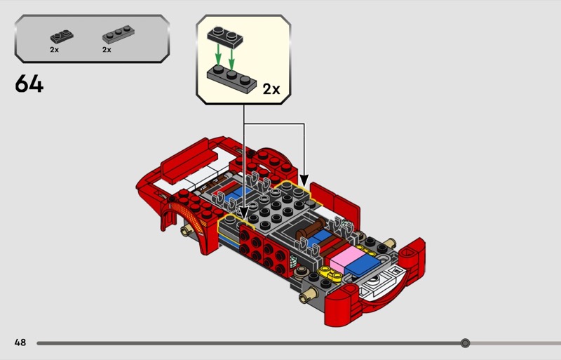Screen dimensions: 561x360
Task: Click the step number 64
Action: tap(29, 84)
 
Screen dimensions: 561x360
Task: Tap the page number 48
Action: tap(20, 342)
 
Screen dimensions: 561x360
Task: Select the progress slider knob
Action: tap(465, 343)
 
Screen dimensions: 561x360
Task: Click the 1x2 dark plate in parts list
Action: tap(62, 36)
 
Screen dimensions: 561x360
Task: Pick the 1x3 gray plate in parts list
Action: tap(119, 34)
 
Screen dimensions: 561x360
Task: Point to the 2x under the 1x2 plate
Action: tap(55, 50)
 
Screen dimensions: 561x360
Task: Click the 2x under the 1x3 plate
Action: tap(107, 50)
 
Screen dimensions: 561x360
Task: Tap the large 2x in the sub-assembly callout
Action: tap(271, 89)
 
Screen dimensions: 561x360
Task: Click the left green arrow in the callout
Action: tap(218, 56)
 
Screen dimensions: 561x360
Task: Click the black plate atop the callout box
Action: tap(225, 37)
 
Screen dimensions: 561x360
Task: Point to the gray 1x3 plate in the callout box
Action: tap(231, 79)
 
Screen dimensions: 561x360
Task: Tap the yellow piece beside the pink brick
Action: tap(331, 274)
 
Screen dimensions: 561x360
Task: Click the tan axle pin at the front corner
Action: tap(308, 295)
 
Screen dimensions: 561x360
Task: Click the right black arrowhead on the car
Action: tap(304, 180)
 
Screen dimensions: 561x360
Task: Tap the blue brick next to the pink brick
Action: tap(364, 265)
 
